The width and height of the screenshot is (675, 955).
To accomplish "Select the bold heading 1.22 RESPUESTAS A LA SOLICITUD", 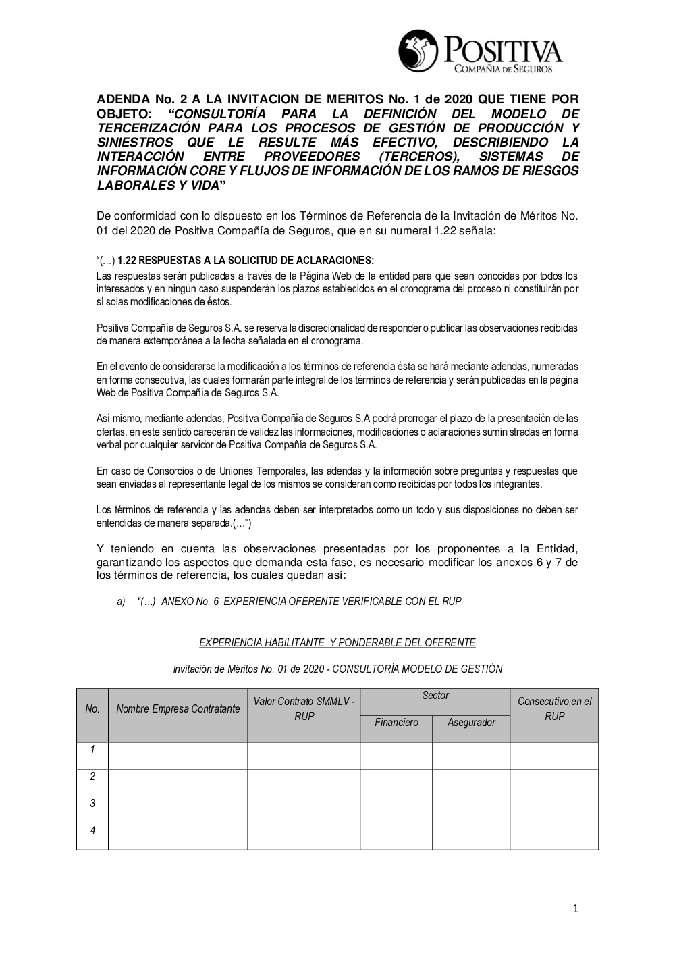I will click(x=245, y=261).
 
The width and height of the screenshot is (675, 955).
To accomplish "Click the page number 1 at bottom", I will click(x=575, y=909).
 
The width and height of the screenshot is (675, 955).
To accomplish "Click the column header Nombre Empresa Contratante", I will click(x=178, y=708).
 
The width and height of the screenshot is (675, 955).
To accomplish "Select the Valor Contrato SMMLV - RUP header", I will click(x=304, y=708).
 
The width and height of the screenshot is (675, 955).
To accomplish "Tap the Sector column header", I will click(x=435, y=696).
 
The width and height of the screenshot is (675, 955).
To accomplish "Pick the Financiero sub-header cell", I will click(x=396, y=723).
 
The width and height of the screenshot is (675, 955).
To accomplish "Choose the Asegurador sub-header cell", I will click(x=471, y=723).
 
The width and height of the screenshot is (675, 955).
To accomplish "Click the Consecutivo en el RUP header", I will click(x=554, y=708).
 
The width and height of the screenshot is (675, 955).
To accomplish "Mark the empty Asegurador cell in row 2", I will click(x=471, y=782).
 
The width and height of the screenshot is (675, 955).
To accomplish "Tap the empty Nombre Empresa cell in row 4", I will click(x=178, y=836).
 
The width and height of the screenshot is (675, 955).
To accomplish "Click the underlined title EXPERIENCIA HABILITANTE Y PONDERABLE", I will click(x=337, y=642).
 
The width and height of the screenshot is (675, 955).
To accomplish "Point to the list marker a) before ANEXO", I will click(x=121, y=601).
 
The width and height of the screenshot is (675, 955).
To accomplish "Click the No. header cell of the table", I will click(x=92, y=708).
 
